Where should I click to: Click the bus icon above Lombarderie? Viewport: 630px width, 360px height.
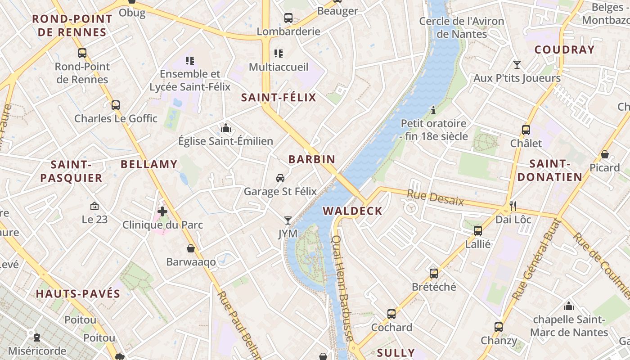coord(288,18)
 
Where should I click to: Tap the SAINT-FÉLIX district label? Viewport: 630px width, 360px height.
coord(279,98)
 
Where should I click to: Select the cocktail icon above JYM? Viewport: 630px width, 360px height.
coord(288,220)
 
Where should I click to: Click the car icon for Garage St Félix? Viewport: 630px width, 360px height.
coord(280,178)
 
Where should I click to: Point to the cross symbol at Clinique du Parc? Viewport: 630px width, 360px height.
coord(162,211)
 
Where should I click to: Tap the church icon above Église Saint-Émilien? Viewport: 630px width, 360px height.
coord(226,128)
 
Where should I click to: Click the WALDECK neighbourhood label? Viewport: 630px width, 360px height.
coord(352,211)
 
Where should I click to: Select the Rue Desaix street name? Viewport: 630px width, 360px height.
coord(435,198)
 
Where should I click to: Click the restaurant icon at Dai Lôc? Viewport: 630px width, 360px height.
coord(513,206)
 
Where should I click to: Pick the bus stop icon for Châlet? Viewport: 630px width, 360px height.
coord(526,130)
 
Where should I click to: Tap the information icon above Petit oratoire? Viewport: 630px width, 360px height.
coord(433,110)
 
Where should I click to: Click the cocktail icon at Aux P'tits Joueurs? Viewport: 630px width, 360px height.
coord(517,65)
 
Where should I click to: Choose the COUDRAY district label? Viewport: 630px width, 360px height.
coord(564,50)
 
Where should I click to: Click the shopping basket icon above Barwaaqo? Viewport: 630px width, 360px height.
coord(191,248)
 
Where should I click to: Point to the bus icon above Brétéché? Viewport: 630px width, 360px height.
coord(434,273)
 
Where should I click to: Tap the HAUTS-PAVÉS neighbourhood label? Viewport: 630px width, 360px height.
coord(78,294)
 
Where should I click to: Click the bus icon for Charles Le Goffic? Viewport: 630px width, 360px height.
coord(116,105)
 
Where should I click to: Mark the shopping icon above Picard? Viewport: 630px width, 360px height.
coord(605,154)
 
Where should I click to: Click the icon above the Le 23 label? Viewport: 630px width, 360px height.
coord(94,206)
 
